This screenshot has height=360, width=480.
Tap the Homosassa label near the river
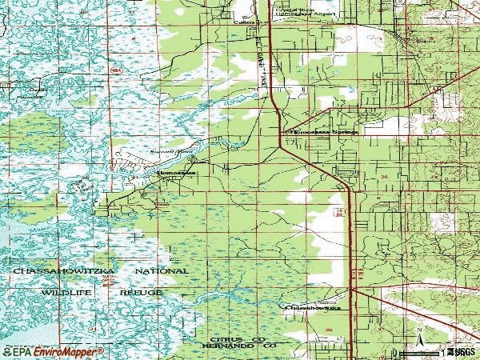coord(174,171)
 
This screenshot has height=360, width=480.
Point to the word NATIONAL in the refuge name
coord(161,272)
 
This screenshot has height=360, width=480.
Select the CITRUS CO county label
coord(234,340)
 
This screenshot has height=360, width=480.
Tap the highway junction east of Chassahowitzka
coord(351,290)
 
